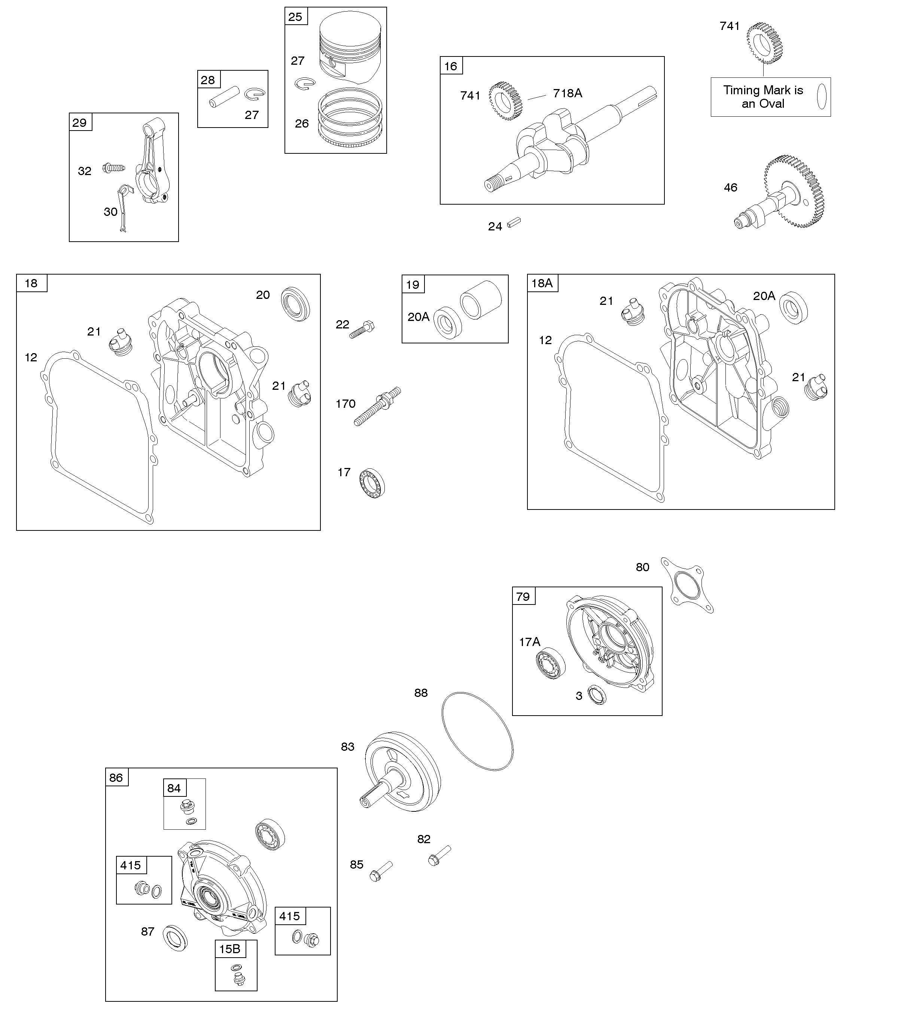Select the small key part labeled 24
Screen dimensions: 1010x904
[514, 223]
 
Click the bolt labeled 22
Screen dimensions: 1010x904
[362, 330]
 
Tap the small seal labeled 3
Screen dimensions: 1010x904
[597, 694]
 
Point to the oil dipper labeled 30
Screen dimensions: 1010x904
[124, 208]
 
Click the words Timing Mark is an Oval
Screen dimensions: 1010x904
[763, 97]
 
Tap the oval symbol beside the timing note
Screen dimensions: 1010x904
[822, 96]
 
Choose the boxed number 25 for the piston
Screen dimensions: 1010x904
[295, 17]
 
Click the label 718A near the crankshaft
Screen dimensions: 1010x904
[567, 93]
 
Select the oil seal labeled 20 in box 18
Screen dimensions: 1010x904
[296, 303]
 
